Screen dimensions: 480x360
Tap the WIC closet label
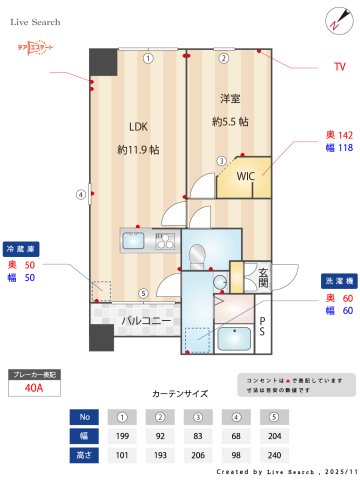245,176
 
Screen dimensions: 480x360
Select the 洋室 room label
231,98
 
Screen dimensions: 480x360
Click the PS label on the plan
263,327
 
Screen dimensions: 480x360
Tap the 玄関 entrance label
262,277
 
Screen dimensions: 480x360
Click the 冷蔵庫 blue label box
22,246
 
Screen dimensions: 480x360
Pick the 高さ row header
84,455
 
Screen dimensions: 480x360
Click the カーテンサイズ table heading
179,394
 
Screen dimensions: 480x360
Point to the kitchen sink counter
148,240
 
